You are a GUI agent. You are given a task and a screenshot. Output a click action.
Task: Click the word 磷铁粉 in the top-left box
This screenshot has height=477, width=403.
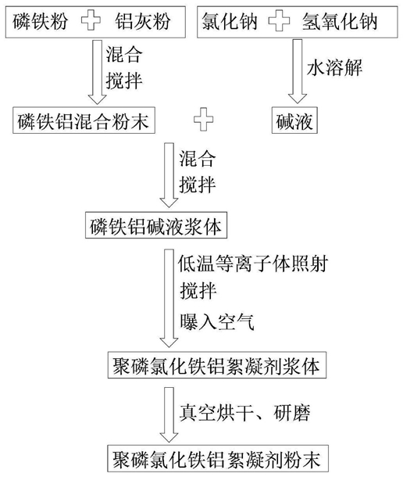(40, 21)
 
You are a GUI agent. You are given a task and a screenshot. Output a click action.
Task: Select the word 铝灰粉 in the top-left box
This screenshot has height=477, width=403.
(143, 21)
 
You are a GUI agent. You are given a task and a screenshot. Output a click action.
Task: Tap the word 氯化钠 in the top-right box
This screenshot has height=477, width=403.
(230, 21)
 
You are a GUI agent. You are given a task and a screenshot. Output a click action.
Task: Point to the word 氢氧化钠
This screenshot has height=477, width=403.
(340, 21)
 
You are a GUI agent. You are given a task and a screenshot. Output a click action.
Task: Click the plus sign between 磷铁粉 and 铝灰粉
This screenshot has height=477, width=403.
(91, 20)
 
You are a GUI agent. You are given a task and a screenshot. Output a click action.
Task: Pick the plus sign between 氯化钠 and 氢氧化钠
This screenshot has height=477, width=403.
(280, 20)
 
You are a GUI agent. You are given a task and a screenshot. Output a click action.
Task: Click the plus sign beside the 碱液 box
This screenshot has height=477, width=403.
(203, 119)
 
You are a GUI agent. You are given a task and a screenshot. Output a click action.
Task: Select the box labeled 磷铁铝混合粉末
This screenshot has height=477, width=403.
(84, 120)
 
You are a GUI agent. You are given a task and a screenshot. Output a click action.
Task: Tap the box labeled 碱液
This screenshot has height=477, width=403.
(294, 120)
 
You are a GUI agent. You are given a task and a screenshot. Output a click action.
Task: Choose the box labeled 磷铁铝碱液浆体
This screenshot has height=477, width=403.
(156, 225)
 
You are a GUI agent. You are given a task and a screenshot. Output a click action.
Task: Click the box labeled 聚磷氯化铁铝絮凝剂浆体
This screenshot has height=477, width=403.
(217, 365)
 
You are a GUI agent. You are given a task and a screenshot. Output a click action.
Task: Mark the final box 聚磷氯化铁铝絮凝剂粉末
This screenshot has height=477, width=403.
(218, 458)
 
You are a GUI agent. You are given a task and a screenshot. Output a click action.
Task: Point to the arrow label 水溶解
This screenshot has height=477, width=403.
(334, 67)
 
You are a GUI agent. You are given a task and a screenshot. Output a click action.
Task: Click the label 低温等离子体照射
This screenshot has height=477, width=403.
(253, 264)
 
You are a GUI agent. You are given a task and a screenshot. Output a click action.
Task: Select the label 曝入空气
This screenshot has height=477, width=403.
(216, 321)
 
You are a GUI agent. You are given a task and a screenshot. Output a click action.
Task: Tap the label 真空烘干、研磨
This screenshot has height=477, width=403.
(244, 413)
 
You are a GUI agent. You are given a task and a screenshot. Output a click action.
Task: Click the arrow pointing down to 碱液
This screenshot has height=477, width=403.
(298, 71)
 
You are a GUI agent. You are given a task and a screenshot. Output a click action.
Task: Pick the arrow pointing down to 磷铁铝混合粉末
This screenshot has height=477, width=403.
(98, 72)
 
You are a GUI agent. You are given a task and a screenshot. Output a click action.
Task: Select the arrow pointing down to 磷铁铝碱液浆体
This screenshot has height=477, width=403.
(169, 175)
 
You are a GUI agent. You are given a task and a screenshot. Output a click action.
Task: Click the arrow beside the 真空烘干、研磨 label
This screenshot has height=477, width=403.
(169, 414)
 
